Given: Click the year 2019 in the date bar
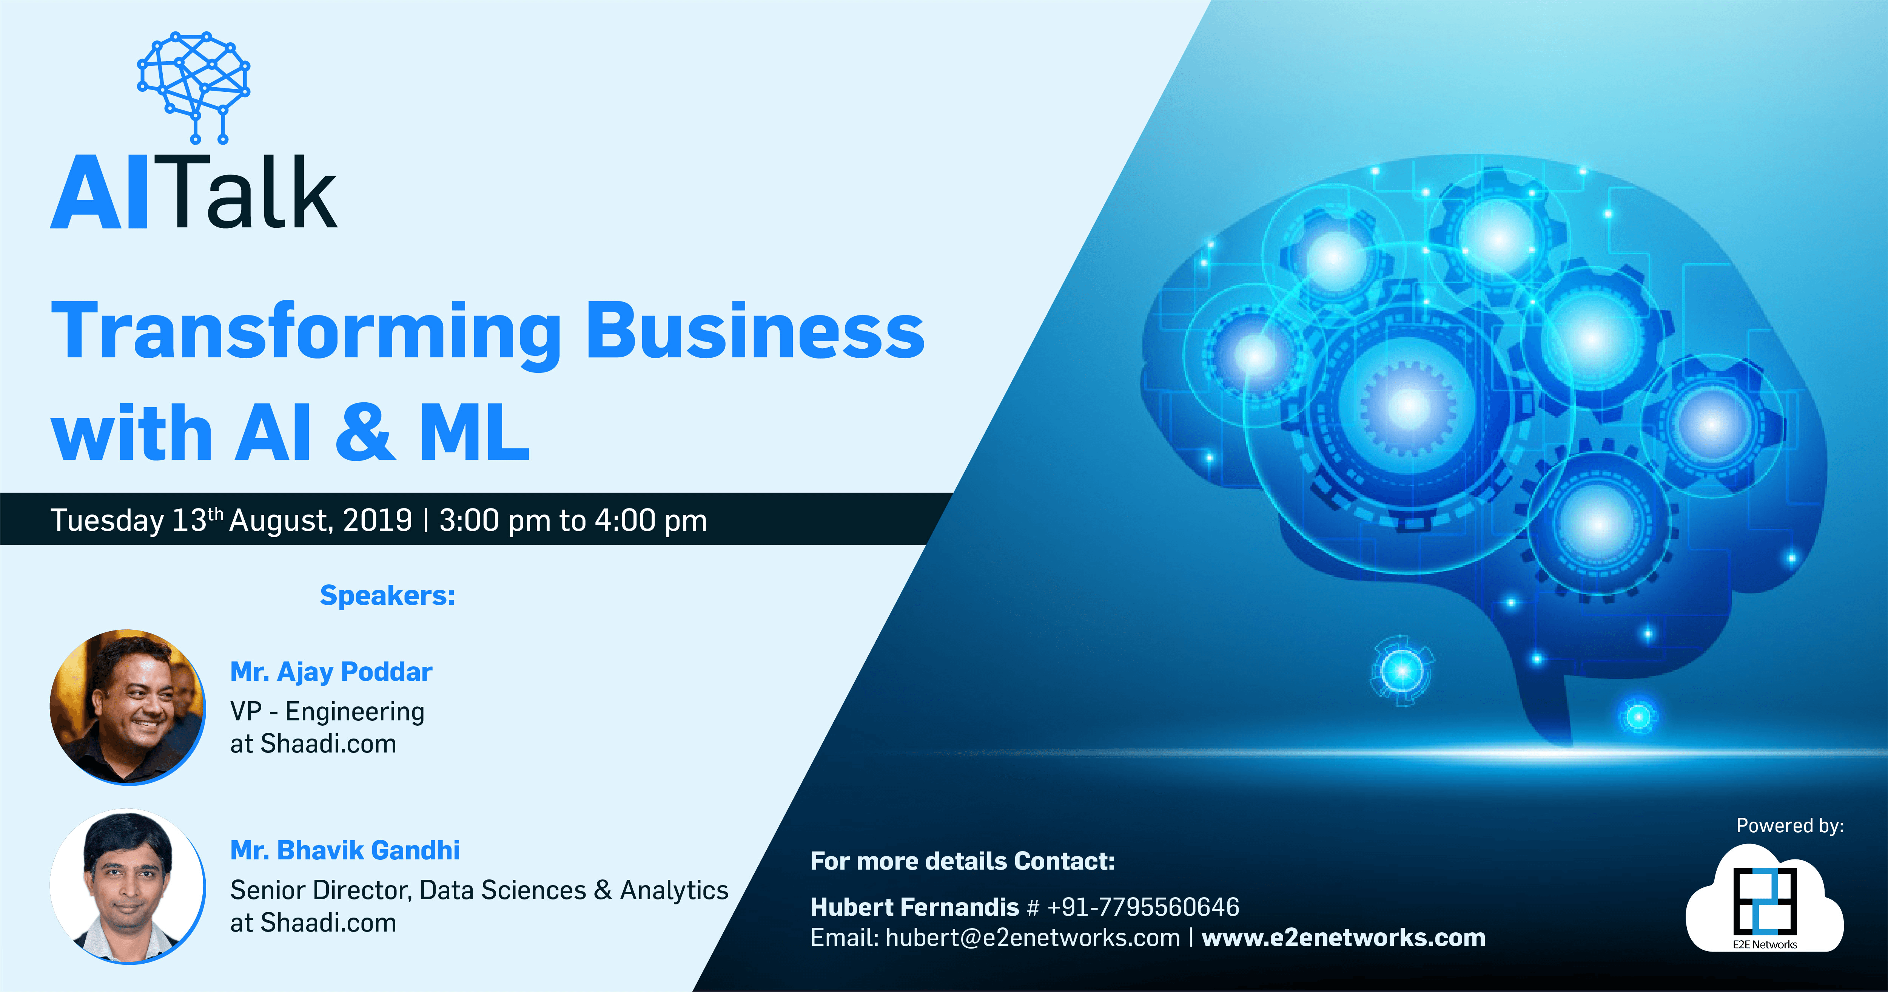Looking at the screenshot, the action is tap(378, 520).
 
